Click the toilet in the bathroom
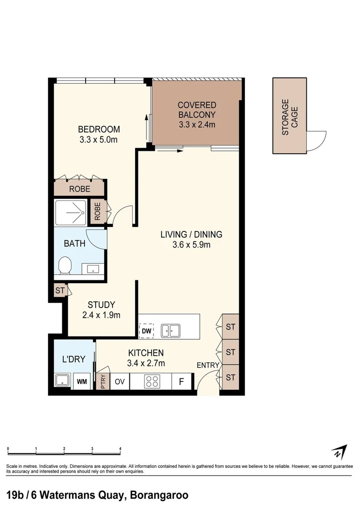point(65,266)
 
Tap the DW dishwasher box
point(146,331)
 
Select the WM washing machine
point(82,381)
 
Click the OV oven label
point(119,382)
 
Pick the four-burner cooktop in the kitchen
point(152,382)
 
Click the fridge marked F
point(181,382)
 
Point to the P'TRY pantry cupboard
point(103,381)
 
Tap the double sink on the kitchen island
point(170,331)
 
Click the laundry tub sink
point(62,381)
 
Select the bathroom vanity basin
point(93,269)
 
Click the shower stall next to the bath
point(71,212)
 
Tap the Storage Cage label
point(290,117)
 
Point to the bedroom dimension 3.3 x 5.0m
point(98,139)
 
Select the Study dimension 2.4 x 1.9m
point(101,315)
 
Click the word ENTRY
point(208,365)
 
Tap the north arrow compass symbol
point(339,453)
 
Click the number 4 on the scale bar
point(120,449)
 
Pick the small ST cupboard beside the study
point(60,290)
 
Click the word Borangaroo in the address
point(159,495)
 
